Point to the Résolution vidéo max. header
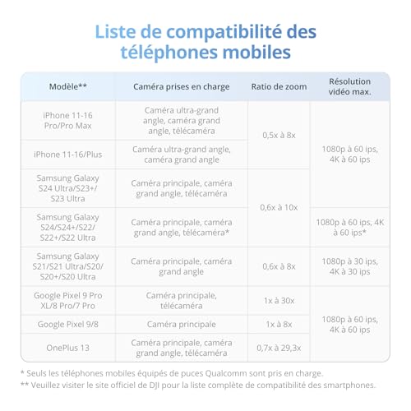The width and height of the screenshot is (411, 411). [349, 85]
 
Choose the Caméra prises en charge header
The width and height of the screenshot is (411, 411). [182, 85]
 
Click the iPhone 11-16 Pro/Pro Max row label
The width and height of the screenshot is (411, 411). [68, 120]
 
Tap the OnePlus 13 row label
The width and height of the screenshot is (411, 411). [68, 347]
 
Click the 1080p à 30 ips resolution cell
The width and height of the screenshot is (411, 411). [349, 266]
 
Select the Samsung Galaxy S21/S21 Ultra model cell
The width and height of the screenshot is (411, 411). [68, 266]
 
